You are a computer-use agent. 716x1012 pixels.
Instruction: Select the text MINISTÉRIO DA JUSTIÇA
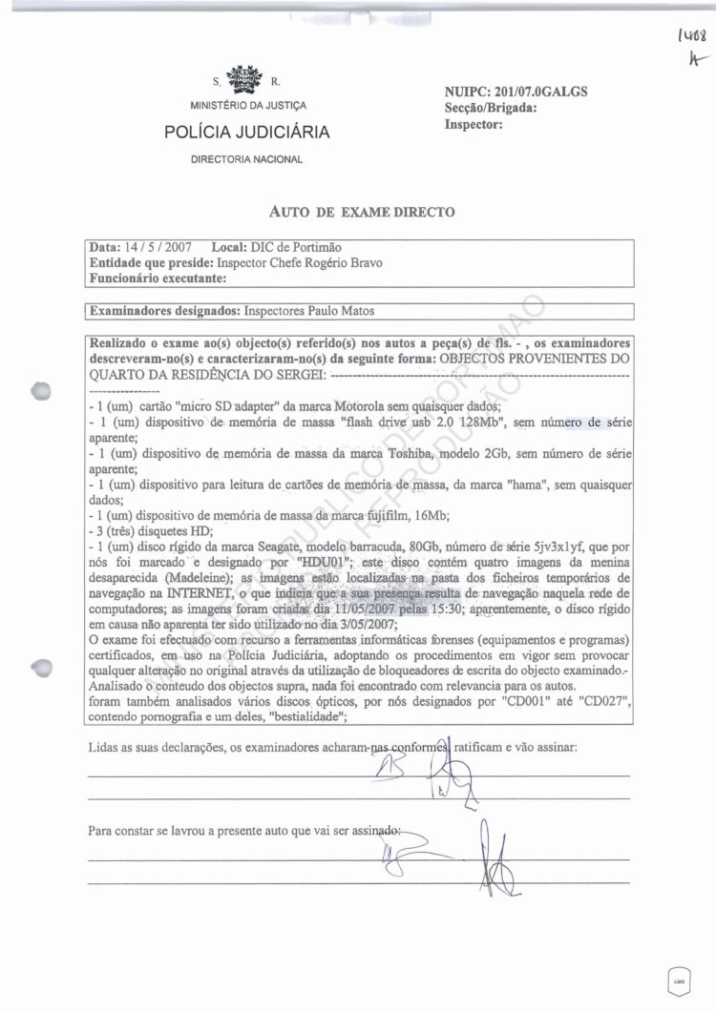coord(247,105)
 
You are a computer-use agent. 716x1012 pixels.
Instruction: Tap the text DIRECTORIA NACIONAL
coord(247,159)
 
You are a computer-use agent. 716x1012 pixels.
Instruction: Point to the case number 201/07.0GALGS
coord(541,93)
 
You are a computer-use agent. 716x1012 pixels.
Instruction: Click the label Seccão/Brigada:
coord(491,108)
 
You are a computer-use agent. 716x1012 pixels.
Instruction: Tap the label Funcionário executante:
coord(158,279)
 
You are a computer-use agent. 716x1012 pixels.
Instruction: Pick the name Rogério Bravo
coord(343,263)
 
